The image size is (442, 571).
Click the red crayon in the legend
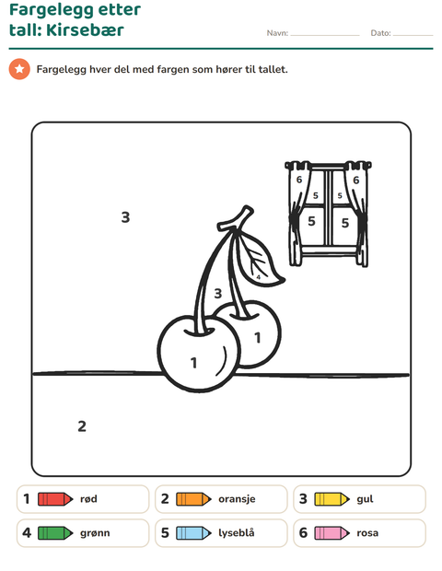point(55,499)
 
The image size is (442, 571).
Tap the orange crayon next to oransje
point(193,499)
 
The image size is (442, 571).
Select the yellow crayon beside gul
point(332,499)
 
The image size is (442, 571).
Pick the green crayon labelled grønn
point(55,533)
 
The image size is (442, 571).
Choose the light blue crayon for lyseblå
point(193,533)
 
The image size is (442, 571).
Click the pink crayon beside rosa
point(332,533)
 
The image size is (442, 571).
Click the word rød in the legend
point(88,499)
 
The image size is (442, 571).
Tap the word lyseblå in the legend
point(237,533)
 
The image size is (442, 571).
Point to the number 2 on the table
point(82,426)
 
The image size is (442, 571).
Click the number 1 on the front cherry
point(193,363)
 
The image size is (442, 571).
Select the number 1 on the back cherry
point(258,338)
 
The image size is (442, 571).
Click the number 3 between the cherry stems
point(217,293)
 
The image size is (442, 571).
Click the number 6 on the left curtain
point(299,180)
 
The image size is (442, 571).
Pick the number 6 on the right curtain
point(355,180)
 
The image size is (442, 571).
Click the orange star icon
point(19,69)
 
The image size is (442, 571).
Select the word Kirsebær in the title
point(85,29)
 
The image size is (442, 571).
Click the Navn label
point(277,33)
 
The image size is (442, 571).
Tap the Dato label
point(381,33)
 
